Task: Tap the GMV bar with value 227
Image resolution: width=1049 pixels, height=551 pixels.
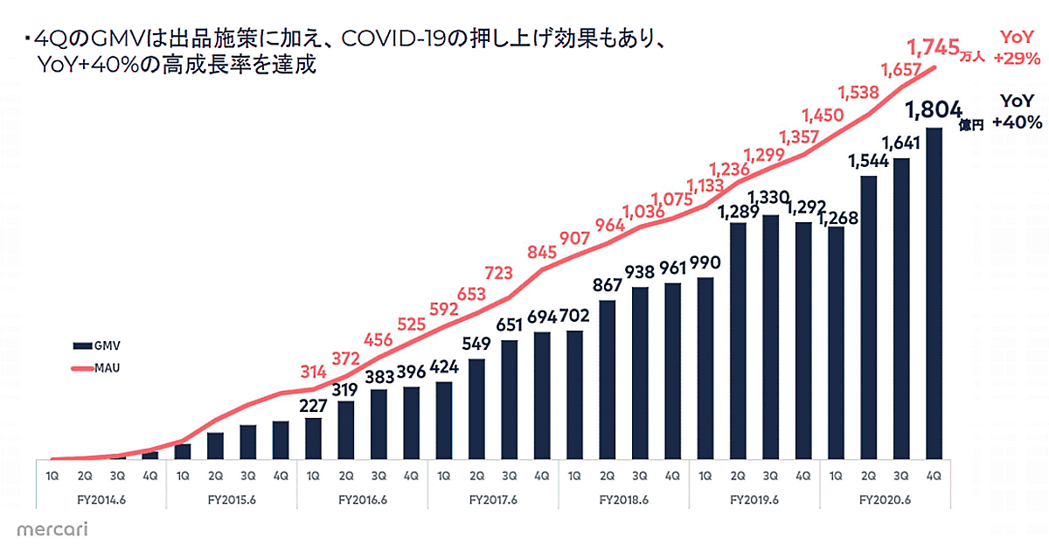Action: pos(313,438)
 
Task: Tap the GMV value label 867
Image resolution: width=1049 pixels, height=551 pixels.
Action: pos(608,285)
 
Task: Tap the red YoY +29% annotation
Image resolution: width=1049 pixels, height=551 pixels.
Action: pos(1017,49)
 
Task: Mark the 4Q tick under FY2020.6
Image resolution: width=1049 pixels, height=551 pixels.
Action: pos(934,477)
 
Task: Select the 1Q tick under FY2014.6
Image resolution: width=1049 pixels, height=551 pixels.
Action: pos(52,477)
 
